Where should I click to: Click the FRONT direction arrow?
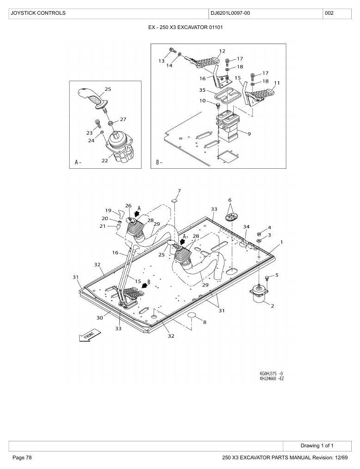click(x=90, y=335)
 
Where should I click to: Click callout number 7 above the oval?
click(x=179, y=191)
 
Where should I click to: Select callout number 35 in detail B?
click(x=202, y=90)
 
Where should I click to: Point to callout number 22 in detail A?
click(x=105, y=160)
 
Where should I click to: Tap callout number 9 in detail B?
click(x=249, y=134)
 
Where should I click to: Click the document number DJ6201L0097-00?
click(x=230, y=13)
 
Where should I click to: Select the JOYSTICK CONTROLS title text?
click(x=38, y=13)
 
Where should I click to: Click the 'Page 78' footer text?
click(x=22, y=457)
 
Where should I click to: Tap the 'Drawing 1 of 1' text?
click(x=317, y=445)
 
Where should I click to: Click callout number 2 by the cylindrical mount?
click(x=272, y=306)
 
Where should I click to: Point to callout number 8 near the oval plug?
click(x=205, y=322)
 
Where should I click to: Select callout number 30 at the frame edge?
click(x=100, y=318)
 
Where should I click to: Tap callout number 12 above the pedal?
click(x=222, y=51)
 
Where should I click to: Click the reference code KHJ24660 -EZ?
click(x=272, y=378)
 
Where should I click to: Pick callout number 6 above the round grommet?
click(x=230, y=200)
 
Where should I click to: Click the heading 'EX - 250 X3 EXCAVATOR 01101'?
click(x=185, y=27)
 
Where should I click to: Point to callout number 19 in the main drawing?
click(x=108, y=211)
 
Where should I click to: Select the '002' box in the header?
click(x=337, y=14)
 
